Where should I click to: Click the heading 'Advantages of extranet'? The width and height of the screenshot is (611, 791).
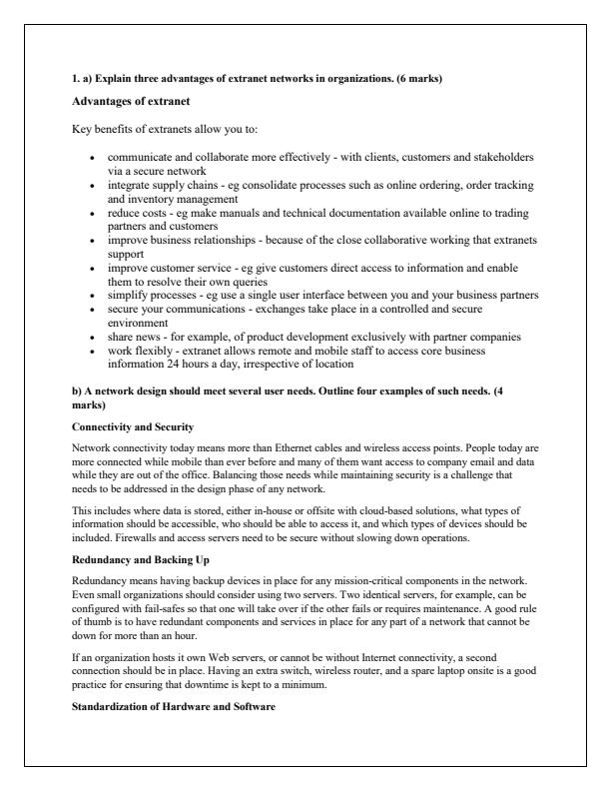pyautogui.click(x=126, y=103)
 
